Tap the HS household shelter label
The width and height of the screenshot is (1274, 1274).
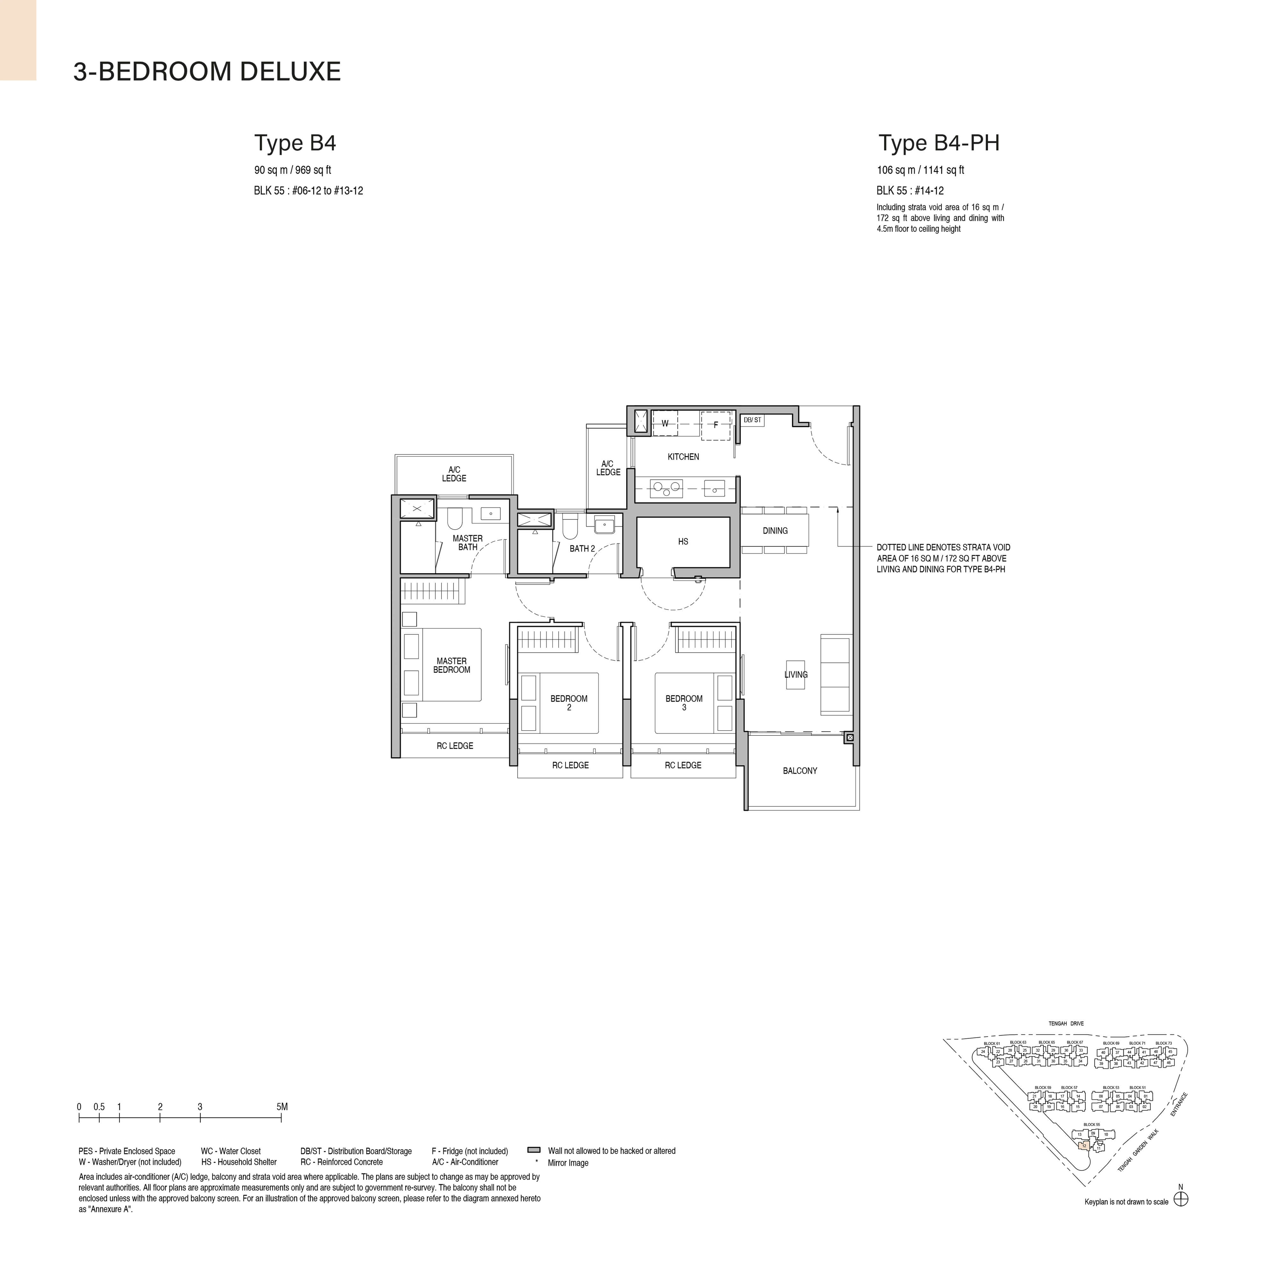coord(683,541)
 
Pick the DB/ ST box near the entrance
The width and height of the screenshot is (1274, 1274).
coord(752,420)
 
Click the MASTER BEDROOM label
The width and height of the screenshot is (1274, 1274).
coord(452,665)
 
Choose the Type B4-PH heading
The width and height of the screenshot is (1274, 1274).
coord(939,143)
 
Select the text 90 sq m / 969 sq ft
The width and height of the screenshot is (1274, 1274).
coord(293,170)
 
